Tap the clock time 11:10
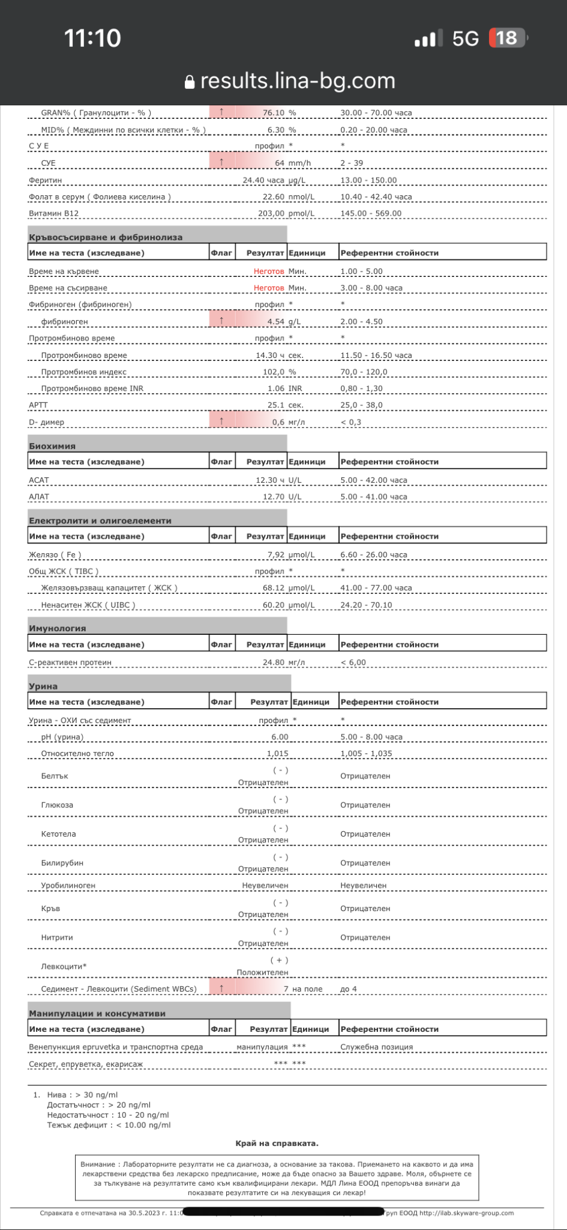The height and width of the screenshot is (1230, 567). [x=92, y=38]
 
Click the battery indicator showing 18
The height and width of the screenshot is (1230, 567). [x=508, y=38]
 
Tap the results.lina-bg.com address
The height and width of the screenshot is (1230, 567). [x=298, y=80]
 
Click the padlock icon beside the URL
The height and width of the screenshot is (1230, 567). [x=190, y=82]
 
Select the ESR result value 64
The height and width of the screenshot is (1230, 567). [x=280, y=163]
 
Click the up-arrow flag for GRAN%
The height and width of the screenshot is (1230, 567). [x=222, y=112]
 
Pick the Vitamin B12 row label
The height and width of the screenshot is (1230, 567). [x=53, y=213]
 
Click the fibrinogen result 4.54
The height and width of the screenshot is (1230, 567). [x=276, y=321]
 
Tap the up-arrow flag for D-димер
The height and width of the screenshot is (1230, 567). [x=222, y=422]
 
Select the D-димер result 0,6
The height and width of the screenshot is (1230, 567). [x=278, y=422]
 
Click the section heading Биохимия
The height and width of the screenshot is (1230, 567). [x=52, y=446]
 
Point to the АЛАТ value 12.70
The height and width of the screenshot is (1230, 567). [x=274, y=497]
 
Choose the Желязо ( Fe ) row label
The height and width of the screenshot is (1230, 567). [x=55, y=554]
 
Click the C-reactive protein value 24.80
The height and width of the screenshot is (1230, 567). [x=273, y=662]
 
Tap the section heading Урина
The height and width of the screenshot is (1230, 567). [x=43, y=686]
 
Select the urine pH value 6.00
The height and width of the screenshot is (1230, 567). [x=280, y=737]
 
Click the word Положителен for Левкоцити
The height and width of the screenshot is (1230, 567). [x=262, y=972]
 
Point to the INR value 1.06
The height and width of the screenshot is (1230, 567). [x=276, y=389]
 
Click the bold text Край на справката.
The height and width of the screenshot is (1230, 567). [x=277, y=1144]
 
